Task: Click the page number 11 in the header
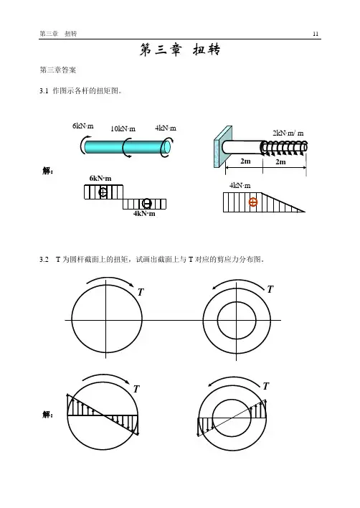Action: (x=316, y=34)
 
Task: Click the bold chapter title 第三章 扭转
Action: (x=180, y=50)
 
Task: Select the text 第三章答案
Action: (x=57, y=70)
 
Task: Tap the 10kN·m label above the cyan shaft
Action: (x=123, y=128)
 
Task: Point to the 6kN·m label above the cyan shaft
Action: (x=83, y=126)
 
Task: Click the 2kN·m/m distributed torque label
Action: (x=288, y=133)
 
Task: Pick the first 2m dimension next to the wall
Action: (x=245, y=161)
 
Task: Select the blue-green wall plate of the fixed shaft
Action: (x=223, y=147)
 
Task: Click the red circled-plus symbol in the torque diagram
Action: (x=253, y=202)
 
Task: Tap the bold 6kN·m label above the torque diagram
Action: (x=100, y=178)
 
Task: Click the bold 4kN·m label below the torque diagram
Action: (x=144, y=214)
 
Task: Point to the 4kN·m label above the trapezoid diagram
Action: (x=240, y=186)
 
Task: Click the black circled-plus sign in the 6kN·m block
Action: (x=103, y=192)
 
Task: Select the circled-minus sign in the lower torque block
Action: (x=147, y=204)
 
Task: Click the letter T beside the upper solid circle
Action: (x=141, y=292)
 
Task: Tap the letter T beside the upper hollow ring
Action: (x=270, y=289)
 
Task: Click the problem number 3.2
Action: (x=44, y=260)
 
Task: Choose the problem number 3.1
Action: (x=44, y=91)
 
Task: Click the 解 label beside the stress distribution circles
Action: (x=47, y=415)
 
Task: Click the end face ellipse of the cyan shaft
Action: (x=166, y=147)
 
